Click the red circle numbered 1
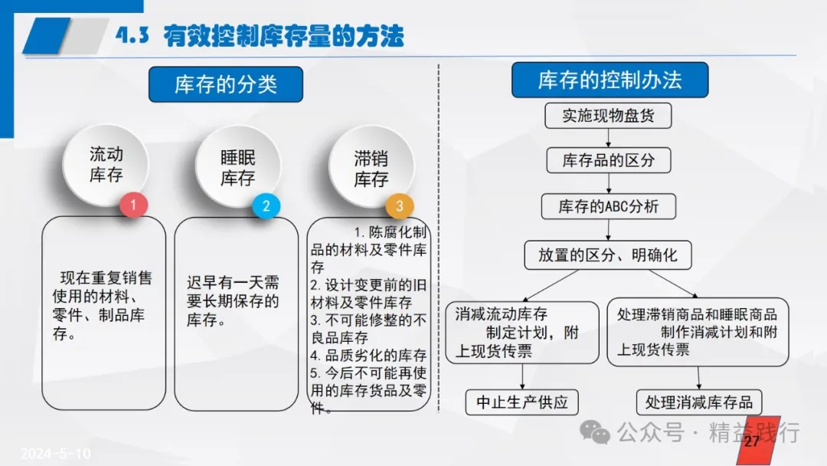pos(133,205)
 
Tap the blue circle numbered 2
pos(266,206)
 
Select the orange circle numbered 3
pos(399,206)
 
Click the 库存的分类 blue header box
pos(226,84)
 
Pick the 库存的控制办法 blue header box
pos(610,80)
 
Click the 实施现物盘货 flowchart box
pos(608,116)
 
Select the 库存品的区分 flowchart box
pos(609,160)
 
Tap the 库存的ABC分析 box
pos(609,206)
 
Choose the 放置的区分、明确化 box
pos(607,255)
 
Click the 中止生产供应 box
pos(522,402)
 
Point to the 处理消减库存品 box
pos(699,402)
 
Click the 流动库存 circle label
pos(106,164)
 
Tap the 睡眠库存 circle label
pos(238,168)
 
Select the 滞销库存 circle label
pos(371,169)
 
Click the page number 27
pos(752,441)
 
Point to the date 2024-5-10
pos(55,453)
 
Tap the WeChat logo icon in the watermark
pos(595,433)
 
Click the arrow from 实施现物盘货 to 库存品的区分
pos(608,138)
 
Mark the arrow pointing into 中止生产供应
pos(522,376)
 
